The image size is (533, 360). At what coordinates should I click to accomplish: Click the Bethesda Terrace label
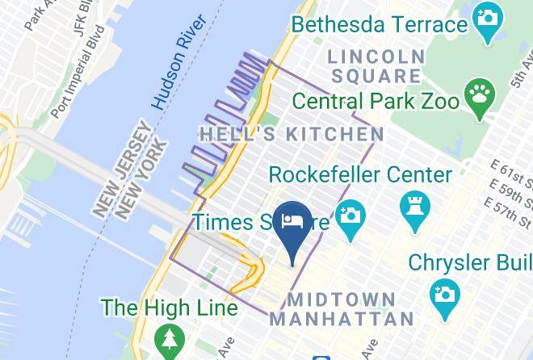pos(379,23)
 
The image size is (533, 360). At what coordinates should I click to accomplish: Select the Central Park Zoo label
pos(376,102)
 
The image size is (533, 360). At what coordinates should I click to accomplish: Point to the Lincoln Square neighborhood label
pos(376,67)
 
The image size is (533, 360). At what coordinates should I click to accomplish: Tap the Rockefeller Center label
pos(360,174)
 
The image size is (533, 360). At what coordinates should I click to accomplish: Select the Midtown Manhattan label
pos(342,308)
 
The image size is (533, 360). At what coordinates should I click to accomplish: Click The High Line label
pos(169,308)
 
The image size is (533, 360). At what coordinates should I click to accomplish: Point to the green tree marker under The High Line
pos(169,338)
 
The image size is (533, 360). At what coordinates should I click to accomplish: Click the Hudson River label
pos(179,72)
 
